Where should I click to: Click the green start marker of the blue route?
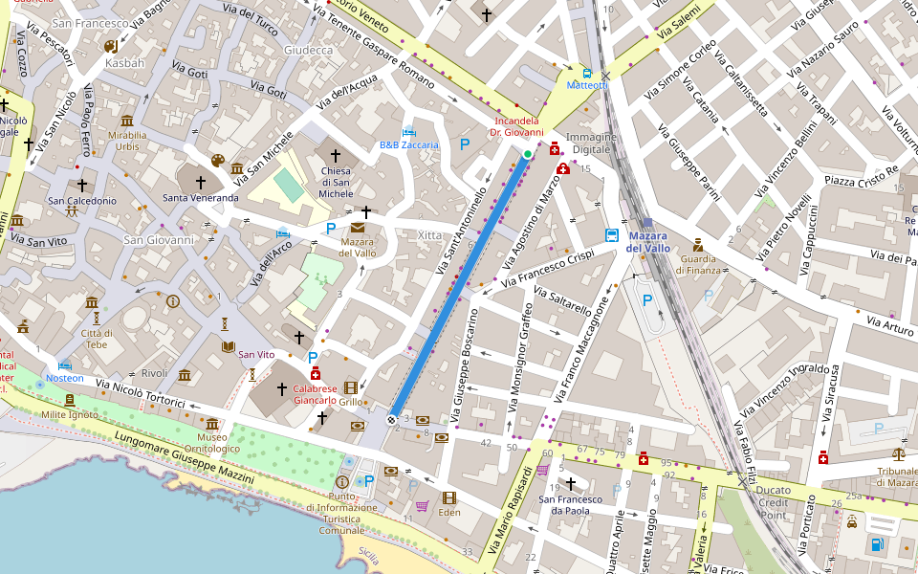coord(527,153)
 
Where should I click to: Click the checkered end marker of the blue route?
coord(392,419)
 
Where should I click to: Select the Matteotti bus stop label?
coord(587,85)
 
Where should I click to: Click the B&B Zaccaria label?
coord(408,145)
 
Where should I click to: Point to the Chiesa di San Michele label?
coord(336,182)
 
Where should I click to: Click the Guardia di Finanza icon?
coord(698,244)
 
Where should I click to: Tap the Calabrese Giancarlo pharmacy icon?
coord(316,373)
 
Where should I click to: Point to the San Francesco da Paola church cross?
coord(572,484)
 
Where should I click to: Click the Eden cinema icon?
coord(449,497)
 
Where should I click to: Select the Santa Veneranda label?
coord(201,198)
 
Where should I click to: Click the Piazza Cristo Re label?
coord(863,176)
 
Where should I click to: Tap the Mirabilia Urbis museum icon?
coord(127,121)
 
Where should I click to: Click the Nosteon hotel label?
coord(65,378)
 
